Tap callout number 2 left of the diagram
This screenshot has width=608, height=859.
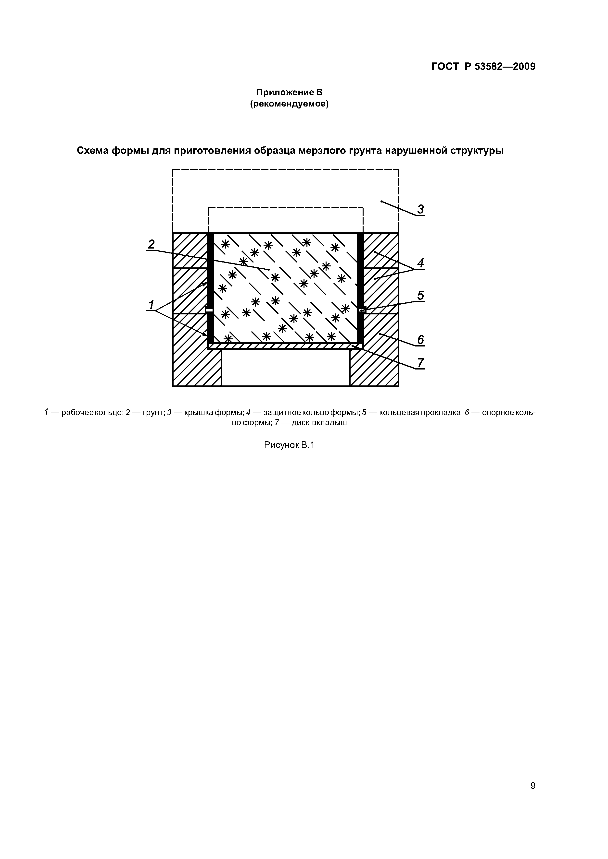point(151,244)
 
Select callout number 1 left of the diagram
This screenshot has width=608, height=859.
point(151,305)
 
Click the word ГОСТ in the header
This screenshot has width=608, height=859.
point(445,67)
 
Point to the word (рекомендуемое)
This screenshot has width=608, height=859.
point(289,104)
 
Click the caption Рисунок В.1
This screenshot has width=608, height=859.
point(289,445)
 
